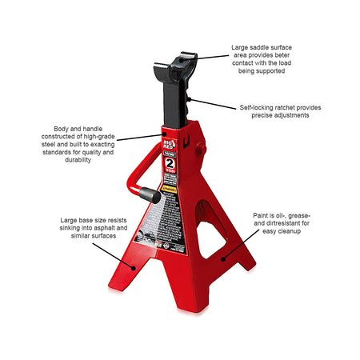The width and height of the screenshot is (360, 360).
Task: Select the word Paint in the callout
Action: pos(265,216)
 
